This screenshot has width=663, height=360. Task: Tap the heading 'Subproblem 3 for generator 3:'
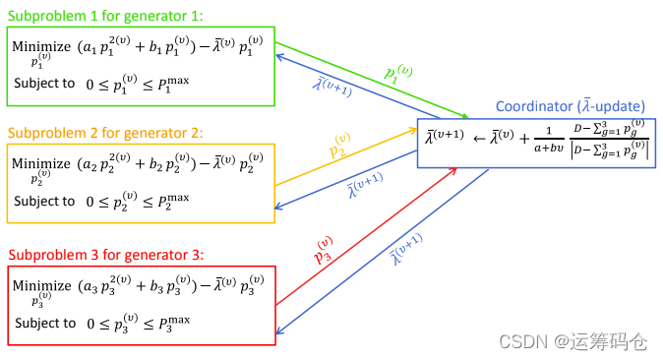[106, 255]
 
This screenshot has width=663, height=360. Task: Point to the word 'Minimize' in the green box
[41, 47]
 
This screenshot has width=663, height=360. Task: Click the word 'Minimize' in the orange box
[41, 163]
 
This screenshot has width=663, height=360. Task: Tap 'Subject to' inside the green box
[44, 84]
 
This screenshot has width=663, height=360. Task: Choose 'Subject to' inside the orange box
[44, 201]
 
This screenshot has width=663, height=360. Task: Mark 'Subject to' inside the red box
[44, 323]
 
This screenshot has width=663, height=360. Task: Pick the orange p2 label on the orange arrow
[338, 148]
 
